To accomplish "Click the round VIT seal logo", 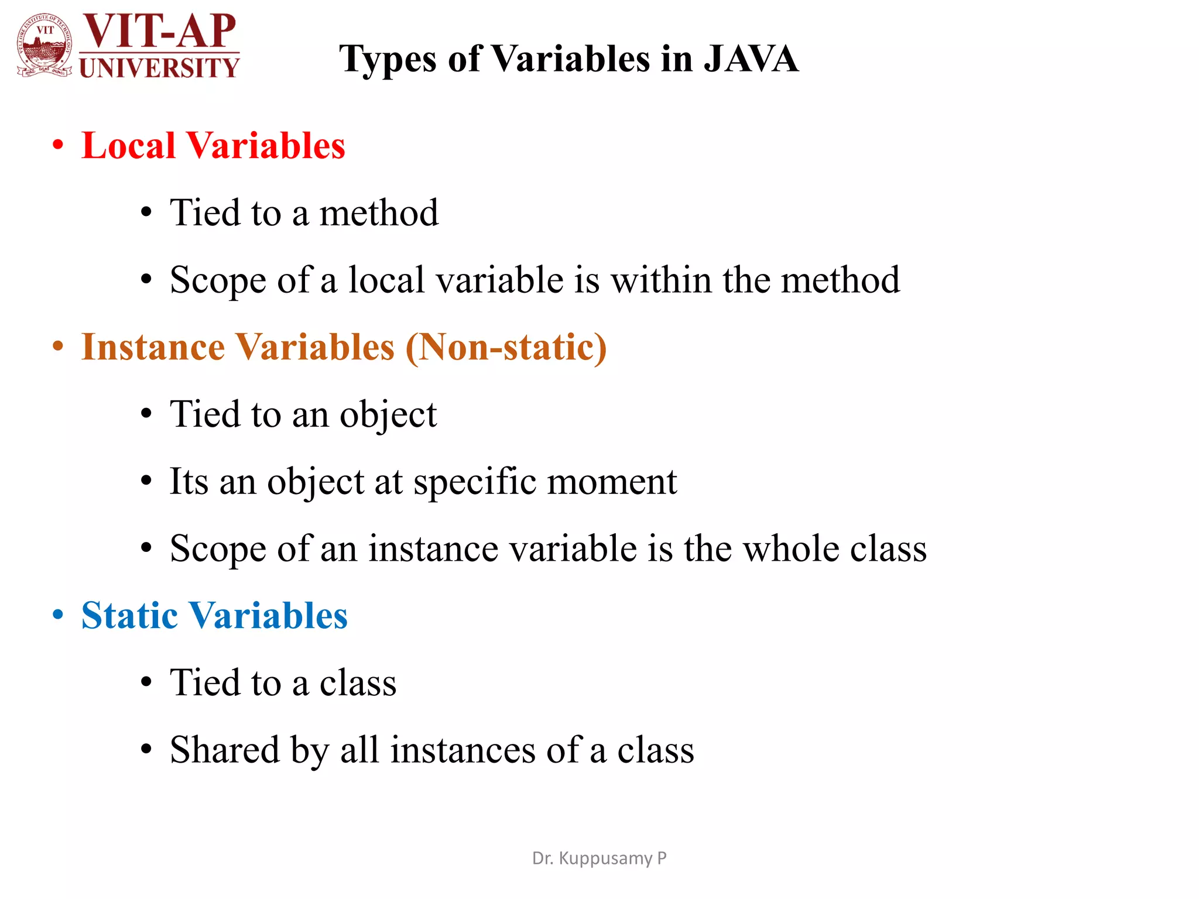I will tap(45, 46).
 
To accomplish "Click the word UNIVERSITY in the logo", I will tap(159, 68).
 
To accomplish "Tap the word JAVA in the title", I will tap(751, 59).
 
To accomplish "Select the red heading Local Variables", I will tap(213, 145).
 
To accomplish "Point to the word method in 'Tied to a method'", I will tap(379, 212).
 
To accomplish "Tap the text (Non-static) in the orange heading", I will tap(506, 348).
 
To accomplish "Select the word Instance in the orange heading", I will tap(153, 347).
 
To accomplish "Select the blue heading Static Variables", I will tap(214, 616).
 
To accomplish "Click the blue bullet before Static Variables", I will tap(57, 615).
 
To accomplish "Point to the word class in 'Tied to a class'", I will tap(358, 683).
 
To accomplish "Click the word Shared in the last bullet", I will tap(225, 750).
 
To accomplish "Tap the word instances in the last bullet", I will tap(463, 750).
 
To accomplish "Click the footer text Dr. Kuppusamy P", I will tap(599, 858).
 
